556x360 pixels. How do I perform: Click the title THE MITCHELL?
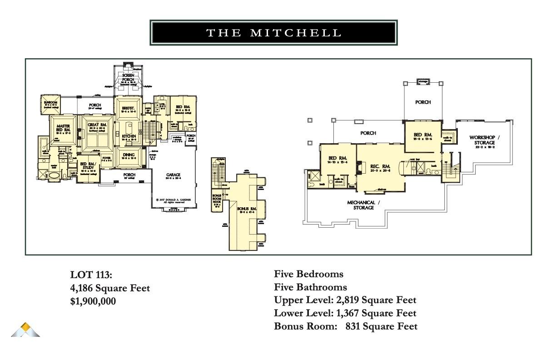click(273, 33)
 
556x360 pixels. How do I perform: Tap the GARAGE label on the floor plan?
click(173, 175)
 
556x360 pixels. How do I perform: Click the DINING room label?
click(129, 155)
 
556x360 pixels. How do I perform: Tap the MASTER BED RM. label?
click(63, 128)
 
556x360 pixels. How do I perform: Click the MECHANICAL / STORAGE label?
click(361, 205)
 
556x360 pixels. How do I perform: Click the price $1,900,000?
click(93, 301)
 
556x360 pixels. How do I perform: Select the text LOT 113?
click(91, 275)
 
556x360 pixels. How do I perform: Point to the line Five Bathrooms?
click(310, 287)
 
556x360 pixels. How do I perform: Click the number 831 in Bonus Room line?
click(353, 326)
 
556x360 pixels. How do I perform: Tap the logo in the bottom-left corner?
click(25, 330)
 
